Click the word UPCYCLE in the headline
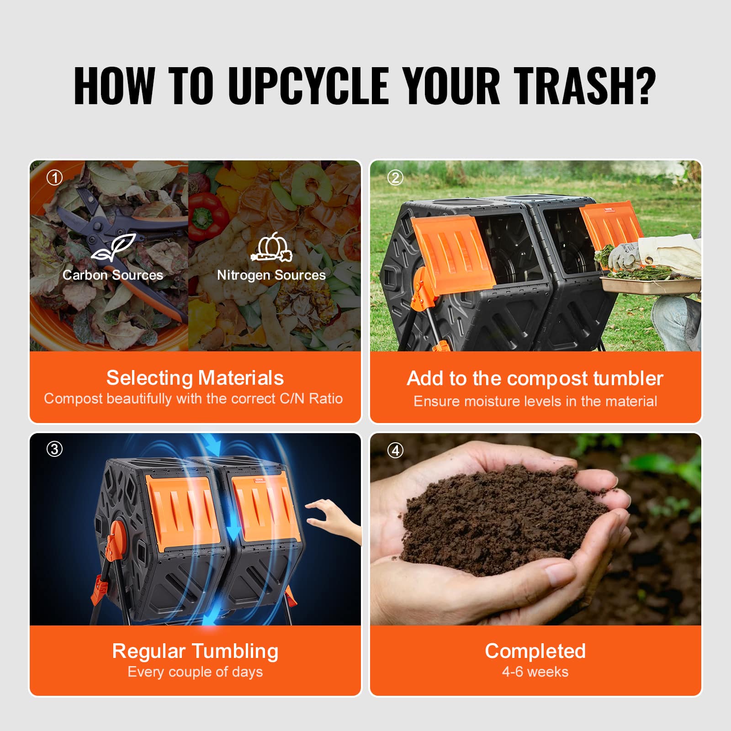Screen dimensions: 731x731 coord(308,86)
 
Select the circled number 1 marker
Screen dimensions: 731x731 coord(55,178)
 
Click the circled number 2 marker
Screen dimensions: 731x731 coord(395,178)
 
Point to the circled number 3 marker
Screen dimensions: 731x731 coord(54,449)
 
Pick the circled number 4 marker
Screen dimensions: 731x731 coord(395,450)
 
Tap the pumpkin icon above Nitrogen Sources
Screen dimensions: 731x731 coord(271,248)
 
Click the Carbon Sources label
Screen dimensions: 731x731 coord(113,275)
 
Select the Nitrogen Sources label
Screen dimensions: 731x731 coord(271,275)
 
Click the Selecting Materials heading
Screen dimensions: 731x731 coord(195,378)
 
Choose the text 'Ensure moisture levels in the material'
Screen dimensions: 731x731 coord(535,401)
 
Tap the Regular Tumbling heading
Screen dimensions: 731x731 coord(195,651)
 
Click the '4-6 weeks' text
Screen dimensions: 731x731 coord(535,672)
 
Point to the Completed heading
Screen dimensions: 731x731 coord(535,651)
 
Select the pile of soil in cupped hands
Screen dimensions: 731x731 coord(503,516)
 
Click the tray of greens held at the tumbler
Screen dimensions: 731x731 coord(649,281)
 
